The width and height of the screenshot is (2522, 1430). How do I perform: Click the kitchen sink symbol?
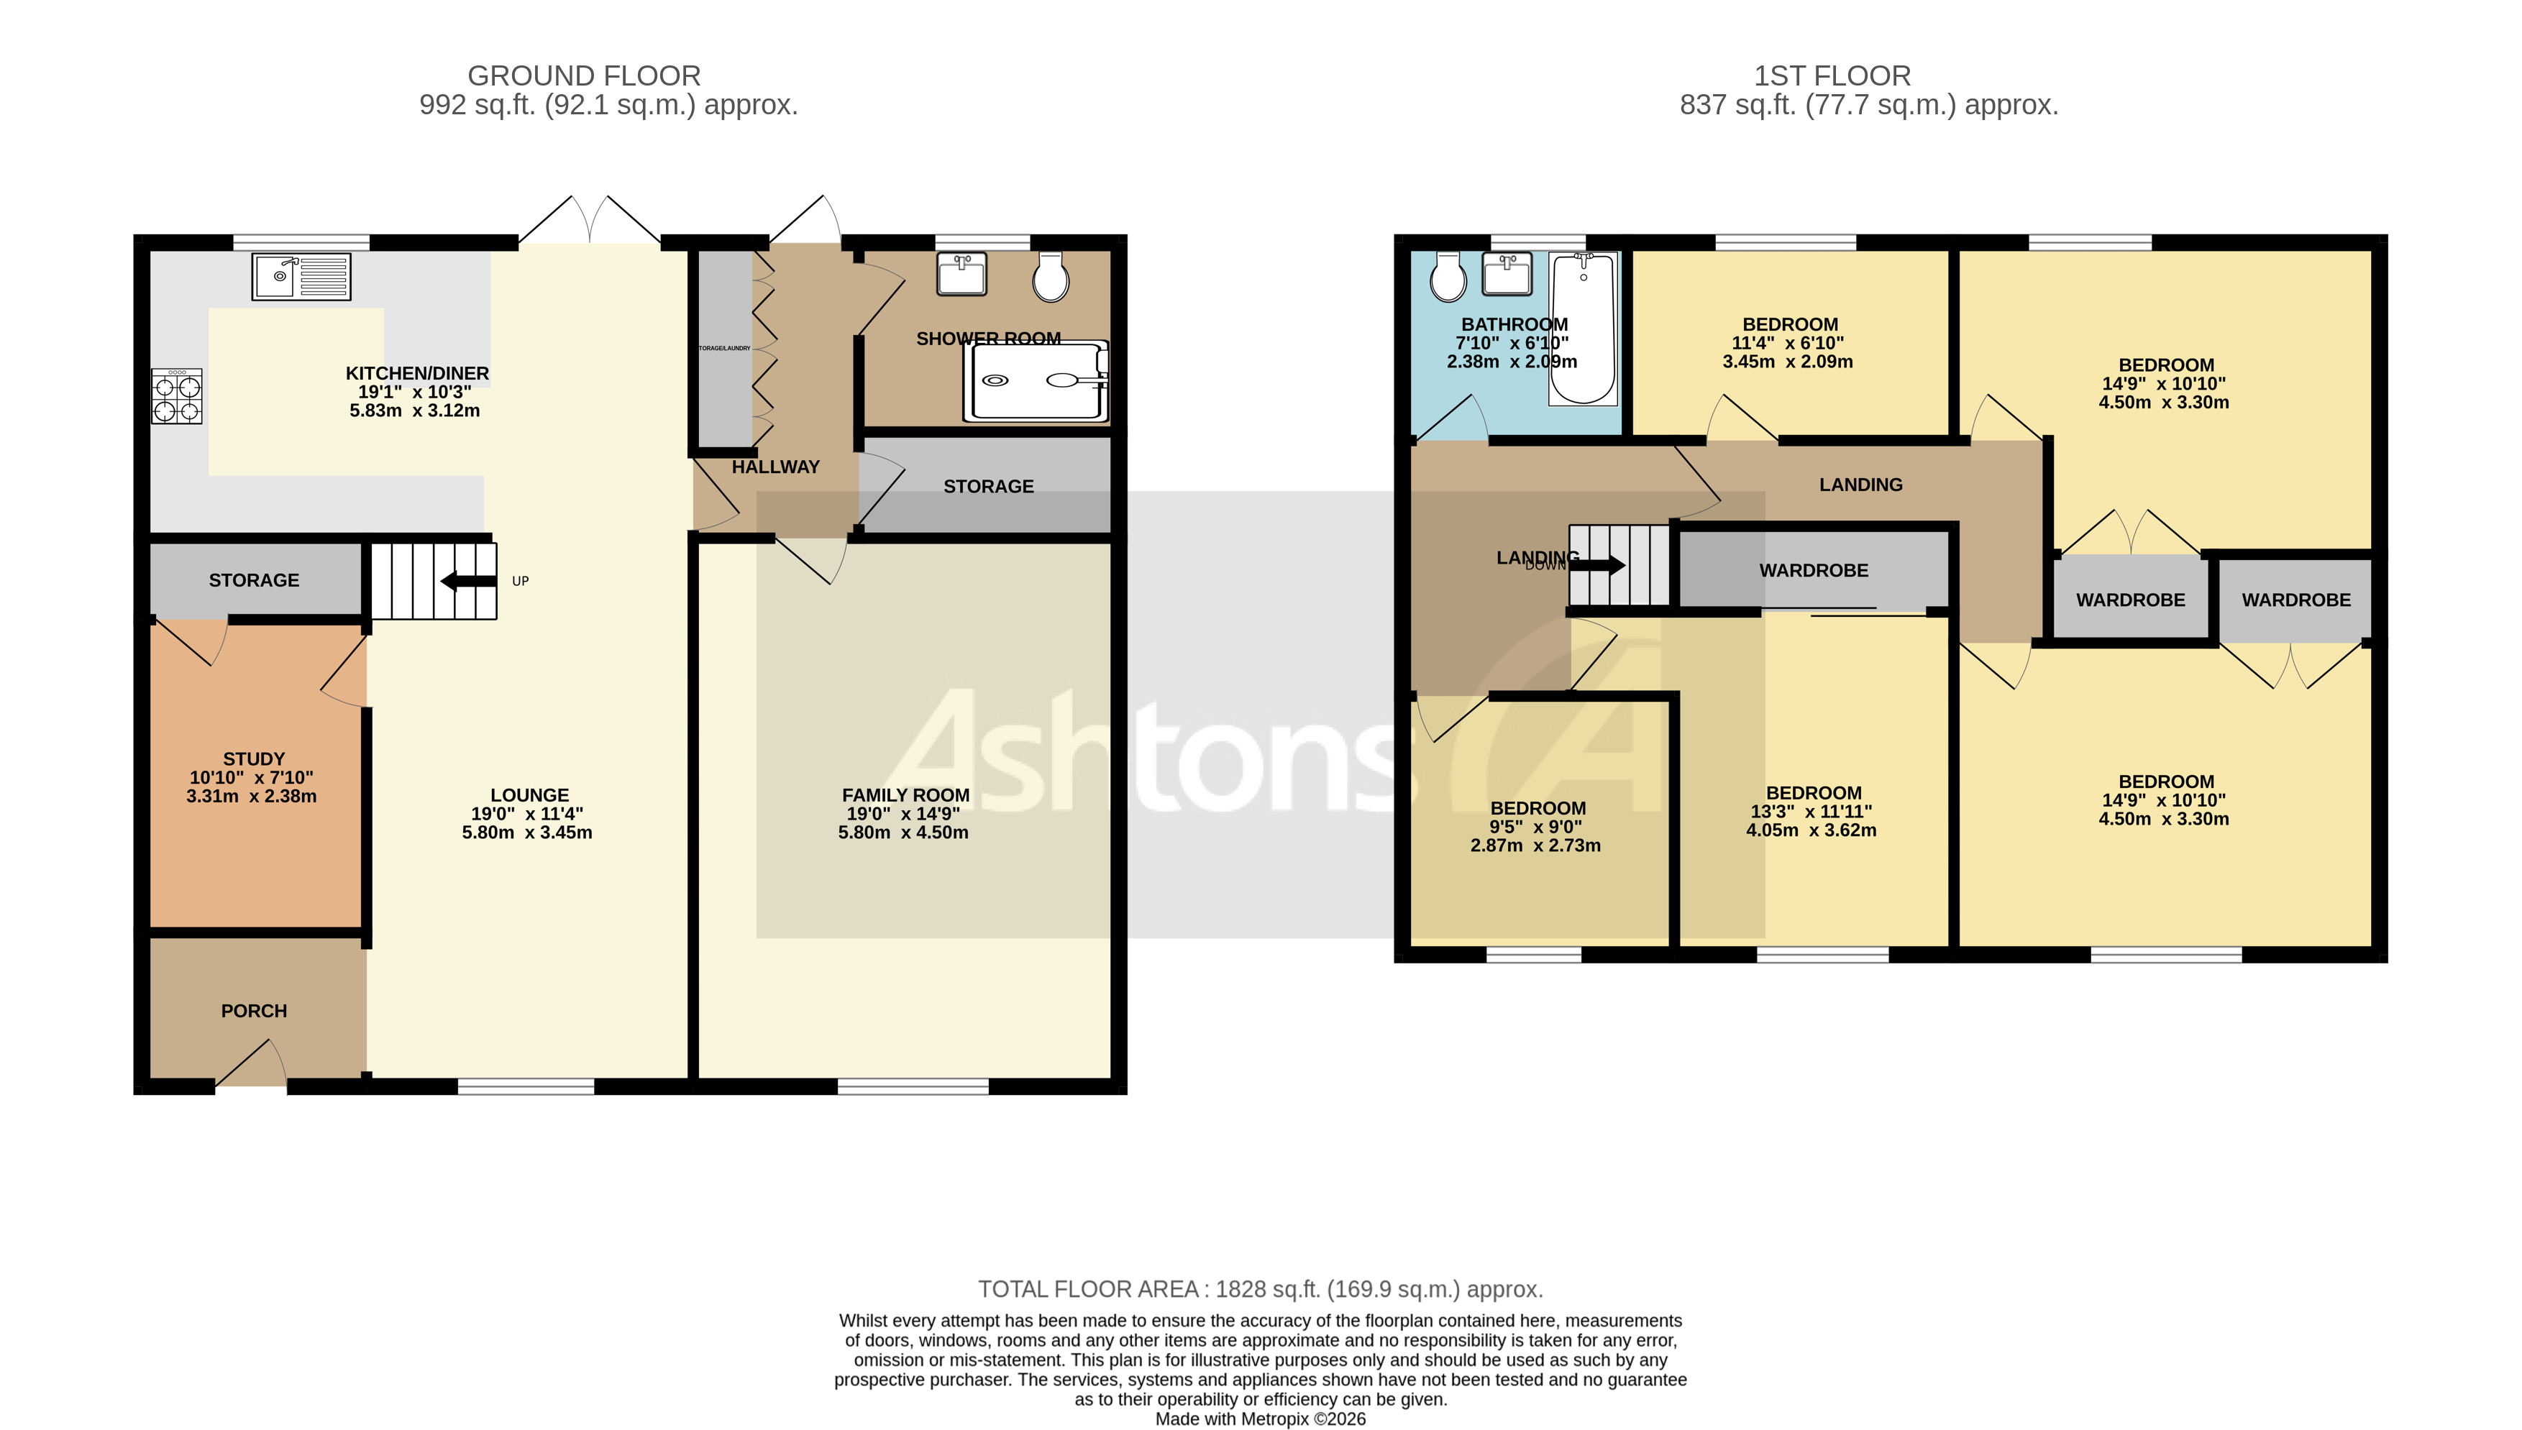point(301,276)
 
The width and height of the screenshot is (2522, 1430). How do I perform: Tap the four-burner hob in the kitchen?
point(177,397)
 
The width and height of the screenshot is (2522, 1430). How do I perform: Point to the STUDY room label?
point(253,759)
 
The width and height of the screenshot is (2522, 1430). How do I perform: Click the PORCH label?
point(253,1011)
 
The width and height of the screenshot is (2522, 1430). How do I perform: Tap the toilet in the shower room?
point(1050,276)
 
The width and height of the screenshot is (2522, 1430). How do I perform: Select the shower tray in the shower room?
point(1037,381)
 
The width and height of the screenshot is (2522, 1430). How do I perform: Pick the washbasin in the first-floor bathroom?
point(1506,274)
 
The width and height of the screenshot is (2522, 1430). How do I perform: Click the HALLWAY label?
point(775,467)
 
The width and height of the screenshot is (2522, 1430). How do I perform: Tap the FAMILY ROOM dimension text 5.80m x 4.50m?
point(903,833)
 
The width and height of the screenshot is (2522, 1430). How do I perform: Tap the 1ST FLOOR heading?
point(1832,75)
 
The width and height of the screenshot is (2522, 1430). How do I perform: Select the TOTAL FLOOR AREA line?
point(1260,1290)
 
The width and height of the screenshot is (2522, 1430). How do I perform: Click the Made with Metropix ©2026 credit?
point(1260,1418)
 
